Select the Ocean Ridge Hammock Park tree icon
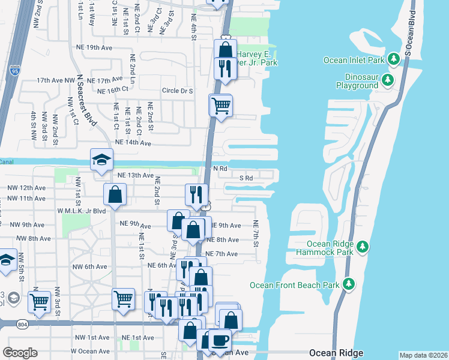pos(362,247)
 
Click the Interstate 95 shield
pos(14,71)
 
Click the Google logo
pos(20,352)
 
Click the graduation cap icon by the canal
pos(101,160)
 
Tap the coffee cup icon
pos(220,340)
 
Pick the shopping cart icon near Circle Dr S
pos(221,106)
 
